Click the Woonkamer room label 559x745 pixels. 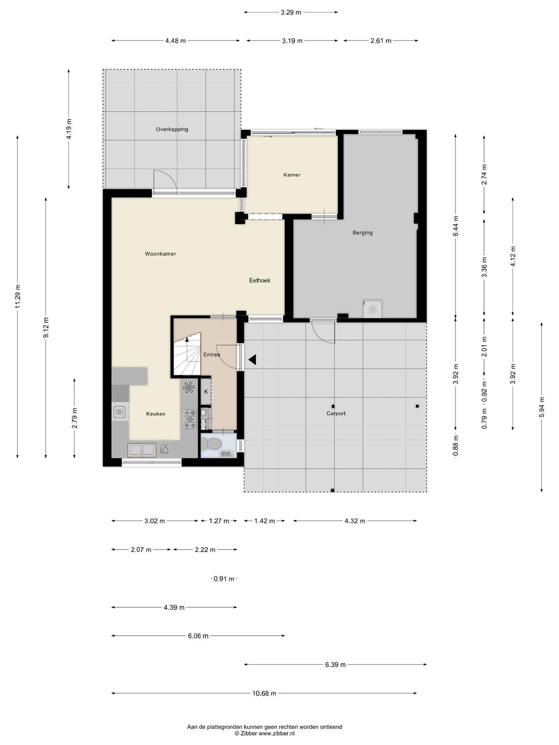tap(160, 254)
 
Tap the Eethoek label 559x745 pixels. tap(260, 280)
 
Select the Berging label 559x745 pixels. tap(362, 233)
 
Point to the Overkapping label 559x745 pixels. tap(172, 129)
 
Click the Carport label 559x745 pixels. tap(336, 413)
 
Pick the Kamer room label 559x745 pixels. tap(292, 175)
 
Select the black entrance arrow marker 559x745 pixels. tap(252, 360)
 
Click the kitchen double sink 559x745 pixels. tap(142, 450)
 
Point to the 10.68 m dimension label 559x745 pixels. tap(264, 693)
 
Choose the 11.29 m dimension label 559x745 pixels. tap(18, 296)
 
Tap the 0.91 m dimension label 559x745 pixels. tap(224, 579)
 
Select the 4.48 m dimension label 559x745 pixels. tap(175, 41)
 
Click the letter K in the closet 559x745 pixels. tap(205, 391)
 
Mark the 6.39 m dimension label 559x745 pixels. tap(335, 665)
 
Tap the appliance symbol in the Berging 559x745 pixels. tap(372, 309)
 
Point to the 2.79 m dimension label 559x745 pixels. tap(75, 418)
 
